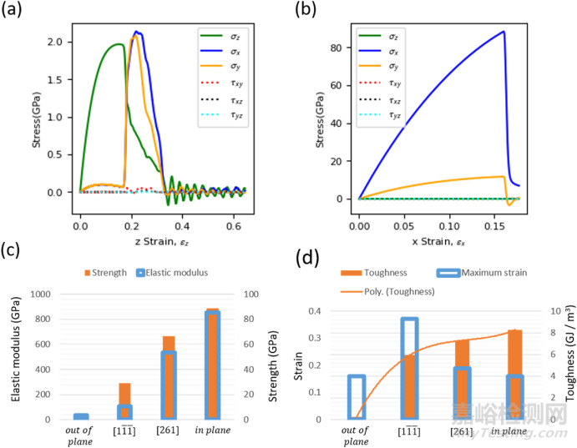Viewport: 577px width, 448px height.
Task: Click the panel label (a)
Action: coord(17,12)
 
